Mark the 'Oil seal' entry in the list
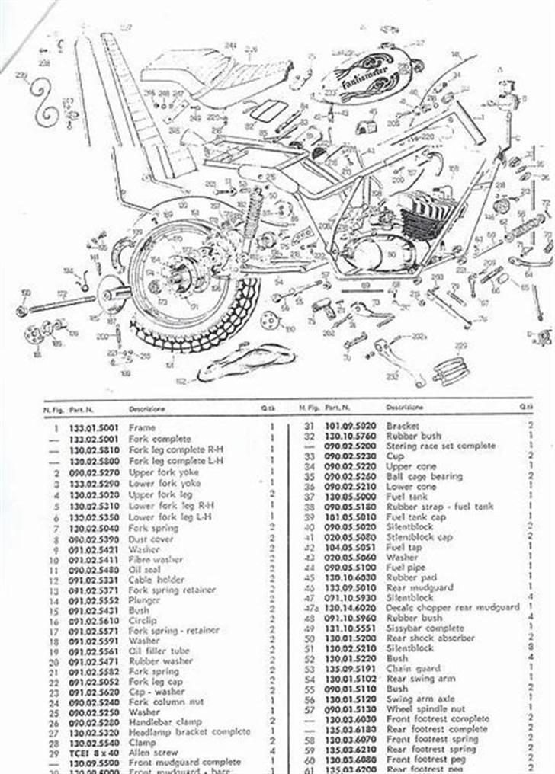coord(146,569)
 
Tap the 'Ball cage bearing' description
coord(424,476)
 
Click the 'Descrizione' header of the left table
coord(147,409)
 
